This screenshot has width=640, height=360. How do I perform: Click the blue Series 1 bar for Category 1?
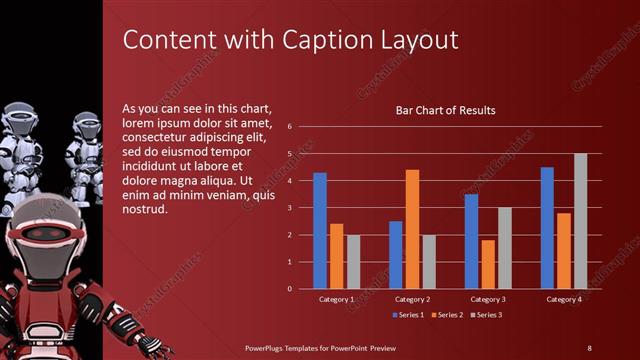pos(320,231)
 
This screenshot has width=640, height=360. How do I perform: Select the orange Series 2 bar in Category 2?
pos(412,229)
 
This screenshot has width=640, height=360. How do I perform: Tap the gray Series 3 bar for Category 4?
pos(580,221)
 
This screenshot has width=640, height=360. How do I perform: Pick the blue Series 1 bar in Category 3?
pos(472,241)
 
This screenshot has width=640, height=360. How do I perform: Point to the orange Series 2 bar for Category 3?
pos(488,264)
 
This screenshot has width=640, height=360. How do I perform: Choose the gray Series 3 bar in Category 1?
pos(352,262)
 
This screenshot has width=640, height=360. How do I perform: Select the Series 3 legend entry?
pos(486,315)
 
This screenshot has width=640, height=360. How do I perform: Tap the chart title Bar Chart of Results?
pos(445,111)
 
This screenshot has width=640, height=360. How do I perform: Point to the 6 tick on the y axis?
pos(289,127)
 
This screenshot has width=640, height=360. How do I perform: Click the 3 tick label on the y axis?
pos(289,208)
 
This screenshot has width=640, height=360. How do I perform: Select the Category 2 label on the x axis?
pos(412,299)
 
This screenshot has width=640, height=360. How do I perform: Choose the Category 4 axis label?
pos(564,299)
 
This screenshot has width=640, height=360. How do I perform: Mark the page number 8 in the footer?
pos(589,347)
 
